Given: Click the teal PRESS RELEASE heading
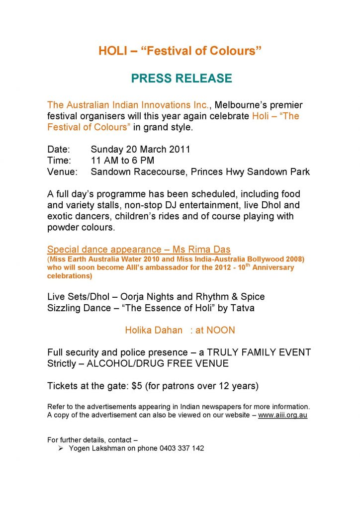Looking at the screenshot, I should pyautogui.click(x=181, y=78).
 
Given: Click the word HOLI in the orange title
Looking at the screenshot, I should pyautogui.click(x=113, y=51).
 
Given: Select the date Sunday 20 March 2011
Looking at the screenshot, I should pyautogui.click(x=141, y=149).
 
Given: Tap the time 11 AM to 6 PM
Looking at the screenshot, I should pyautogui.click(x=122, y=160).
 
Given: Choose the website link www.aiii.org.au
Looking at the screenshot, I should pyautogui.click(x=282, y=415).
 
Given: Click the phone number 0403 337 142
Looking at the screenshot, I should pyautogui.click(x=181, y=448).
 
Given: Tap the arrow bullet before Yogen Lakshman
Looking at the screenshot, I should pyautogui.click(x=60, y=448).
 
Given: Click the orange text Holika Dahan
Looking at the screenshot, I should pyautogui.click(x=154, y=330).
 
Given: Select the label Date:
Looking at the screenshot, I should pyautogui.click(x=59, y=149).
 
